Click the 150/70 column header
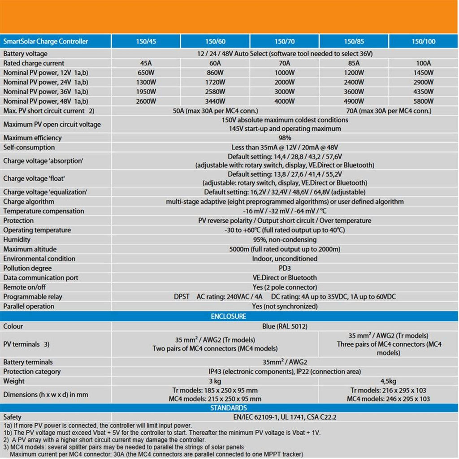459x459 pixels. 285,42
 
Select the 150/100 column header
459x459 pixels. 423,42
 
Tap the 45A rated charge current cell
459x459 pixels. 146,63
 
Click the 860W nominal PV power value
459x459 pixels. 215,73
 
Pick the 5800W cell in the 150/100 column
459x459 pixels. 423,101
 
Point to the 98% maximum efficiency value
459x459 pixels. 285,138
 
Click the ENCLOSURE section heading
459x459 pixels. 229,316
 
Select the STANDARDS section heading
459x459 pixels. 229,408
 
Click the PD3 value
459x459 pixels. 285,268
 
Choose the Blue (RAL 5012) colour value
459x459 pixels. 285,326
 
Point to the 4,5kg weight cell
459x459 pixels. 388,381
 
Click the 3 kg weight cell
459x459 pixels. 215,381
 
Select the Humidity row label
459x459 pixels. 17,240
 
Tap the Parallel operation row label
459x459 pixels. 29,307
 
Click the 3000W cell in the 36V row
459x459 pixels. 285,92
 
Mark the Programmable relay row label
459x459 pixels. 33,297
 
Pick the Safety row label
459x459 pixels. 13,417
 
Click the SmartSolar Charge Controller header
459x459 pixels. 46,42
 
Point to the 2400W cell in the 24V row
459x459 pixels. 354,82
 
